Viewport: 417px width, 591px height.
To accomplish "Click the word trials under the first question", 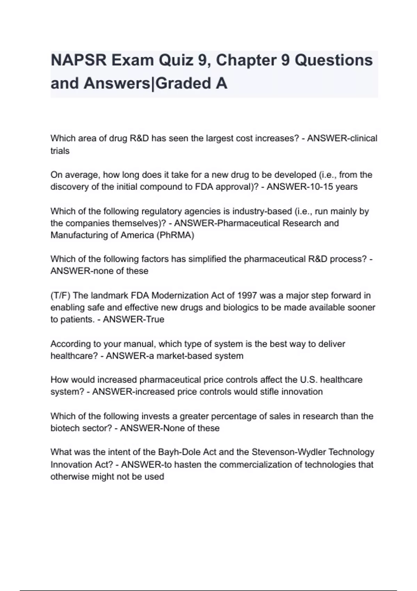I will click(60, 151).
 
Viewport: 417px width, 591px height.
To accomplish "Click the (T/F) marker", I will click(60, 295).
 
